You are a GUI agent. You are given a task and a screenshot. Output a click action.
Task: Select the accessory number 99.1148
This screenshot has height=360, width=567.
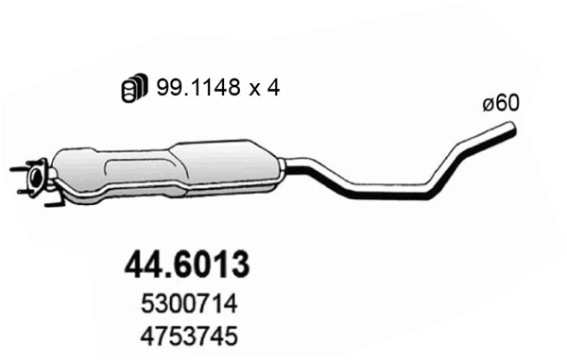pyautogui.click(x=204, y=88)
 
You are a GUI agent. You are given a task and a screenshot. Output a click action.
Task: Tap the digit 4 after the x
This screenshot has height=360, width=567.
pyautogui.click(x=274, y=88)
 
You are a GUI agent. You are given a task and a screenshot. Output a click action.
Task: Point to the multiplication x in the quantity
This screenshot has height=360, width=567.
pyautogui.click(x=256, y=89)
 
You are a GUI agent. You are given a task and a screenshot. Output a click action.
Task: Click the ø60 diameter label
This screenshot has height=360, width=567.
pyautogui.click(x=501, y=104)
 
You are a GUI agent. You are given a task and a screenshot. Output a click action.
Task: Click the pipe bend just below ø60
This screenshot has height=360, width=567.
pyautogui.click(x=465, y=149)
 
